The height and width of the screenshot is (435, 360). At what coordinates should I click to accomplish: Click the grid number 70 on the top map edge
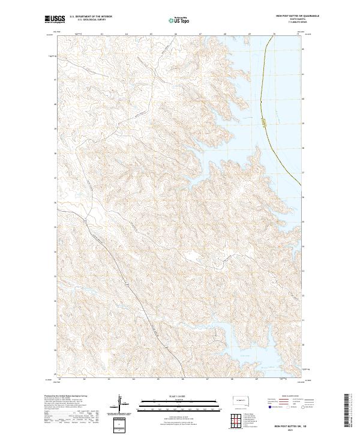click(x=274, y=35)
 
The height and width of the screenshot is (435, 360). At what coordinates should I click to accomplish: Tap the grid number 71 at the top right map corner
click(x=298, y=35)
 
